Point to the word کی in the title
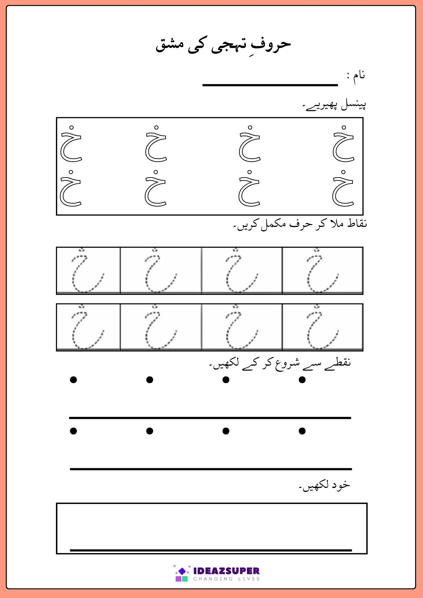(196, 46)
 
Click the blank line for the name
(270, 85)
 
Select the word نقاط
(357, 223)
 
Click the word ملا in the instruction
(337, 223)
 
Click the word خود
(341, 485)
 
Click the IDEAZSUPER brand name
(226, 571)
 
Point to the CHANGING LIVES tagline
(226, 579)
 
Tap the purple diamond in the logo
(182, 571)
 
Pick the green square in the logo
(185, 579)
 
